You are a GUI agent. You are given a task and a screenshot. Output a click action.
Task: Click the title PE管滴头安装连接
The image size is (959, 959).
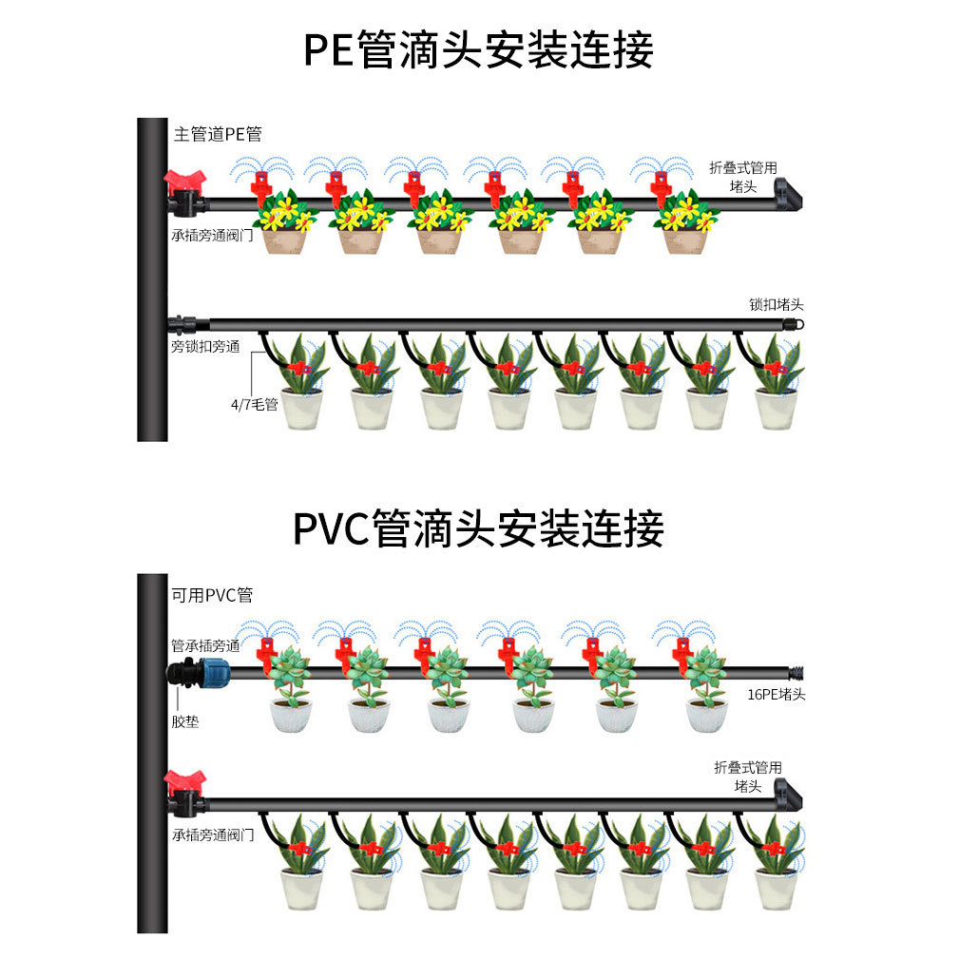[478, 50]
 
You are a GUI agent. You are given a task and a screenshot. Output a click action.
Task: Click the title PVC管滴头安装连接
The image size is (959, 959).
[478, 528]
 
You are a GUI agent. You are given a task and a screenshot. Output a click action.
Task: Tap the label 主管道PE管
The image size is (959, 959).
[217, 134]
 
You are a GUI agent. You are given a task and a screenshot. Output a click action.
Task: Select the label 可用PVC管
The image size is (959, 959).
[212, 596]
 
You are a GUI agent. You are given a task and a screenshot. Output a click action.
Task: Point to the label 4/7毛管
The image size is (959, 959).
[254, 404]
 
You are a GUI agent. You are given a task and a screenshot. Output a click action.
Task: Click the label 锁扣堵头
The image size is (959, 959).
[776, 305]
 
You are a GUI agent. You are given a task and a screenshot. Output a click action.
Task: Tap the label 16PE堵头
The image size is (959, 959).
[776, 694]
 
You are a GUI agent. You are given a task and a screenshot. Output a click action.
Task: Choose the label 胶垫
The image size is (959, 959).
[185, 721]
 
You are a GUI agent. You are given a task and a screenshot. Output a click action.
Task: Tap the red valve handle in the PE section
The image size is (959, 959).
[184, 180]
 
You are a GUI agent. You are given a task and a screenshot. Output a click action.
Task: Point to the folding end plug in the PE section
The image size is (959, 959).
[788, 195]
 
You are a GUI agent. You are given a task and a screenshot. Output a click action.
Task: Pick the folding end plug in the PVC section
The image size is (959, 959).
[788, 794]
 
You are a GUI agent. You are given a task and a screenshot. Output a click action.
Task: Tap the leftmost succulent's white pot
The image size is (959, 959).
[292, 716]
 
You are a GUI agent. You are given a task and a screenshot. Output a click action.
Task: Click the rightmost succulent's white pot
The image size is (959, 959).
[706, 716]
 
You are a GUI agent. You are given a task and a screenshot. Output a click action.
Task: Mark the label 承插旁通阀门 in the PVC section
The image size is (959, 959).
[213, 835]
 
